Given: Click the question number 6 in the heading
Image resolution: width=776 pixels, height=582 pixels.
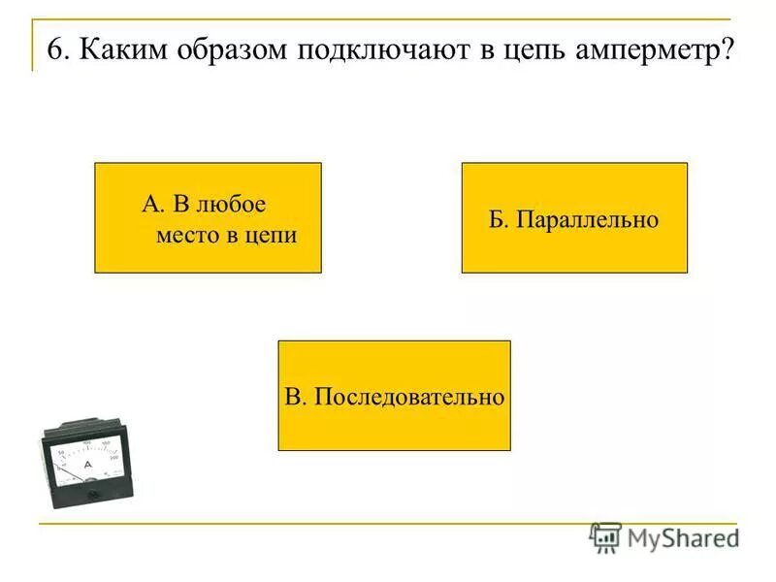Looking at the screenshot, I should (54, 49).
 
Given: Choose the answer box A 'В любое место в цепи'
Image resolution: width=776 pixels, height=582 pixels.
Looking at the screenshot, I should (208, 217).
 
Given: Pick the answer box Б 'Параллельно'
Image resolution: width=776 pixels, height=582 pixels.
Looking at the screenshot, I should (574, 217).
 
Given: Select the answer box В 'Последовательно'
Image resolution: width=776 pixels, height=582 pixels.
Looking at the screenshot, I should (394, 395).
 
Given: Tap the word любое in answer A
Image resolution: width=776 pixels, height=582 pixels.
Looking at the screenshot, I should (232, 205).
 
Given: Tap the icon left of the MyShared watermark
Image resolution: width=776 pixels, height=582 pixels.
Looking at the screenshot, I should (606, 536).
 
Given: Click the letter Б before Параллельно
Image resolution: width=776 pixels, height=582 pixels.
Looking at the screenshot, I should (496, 220).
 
